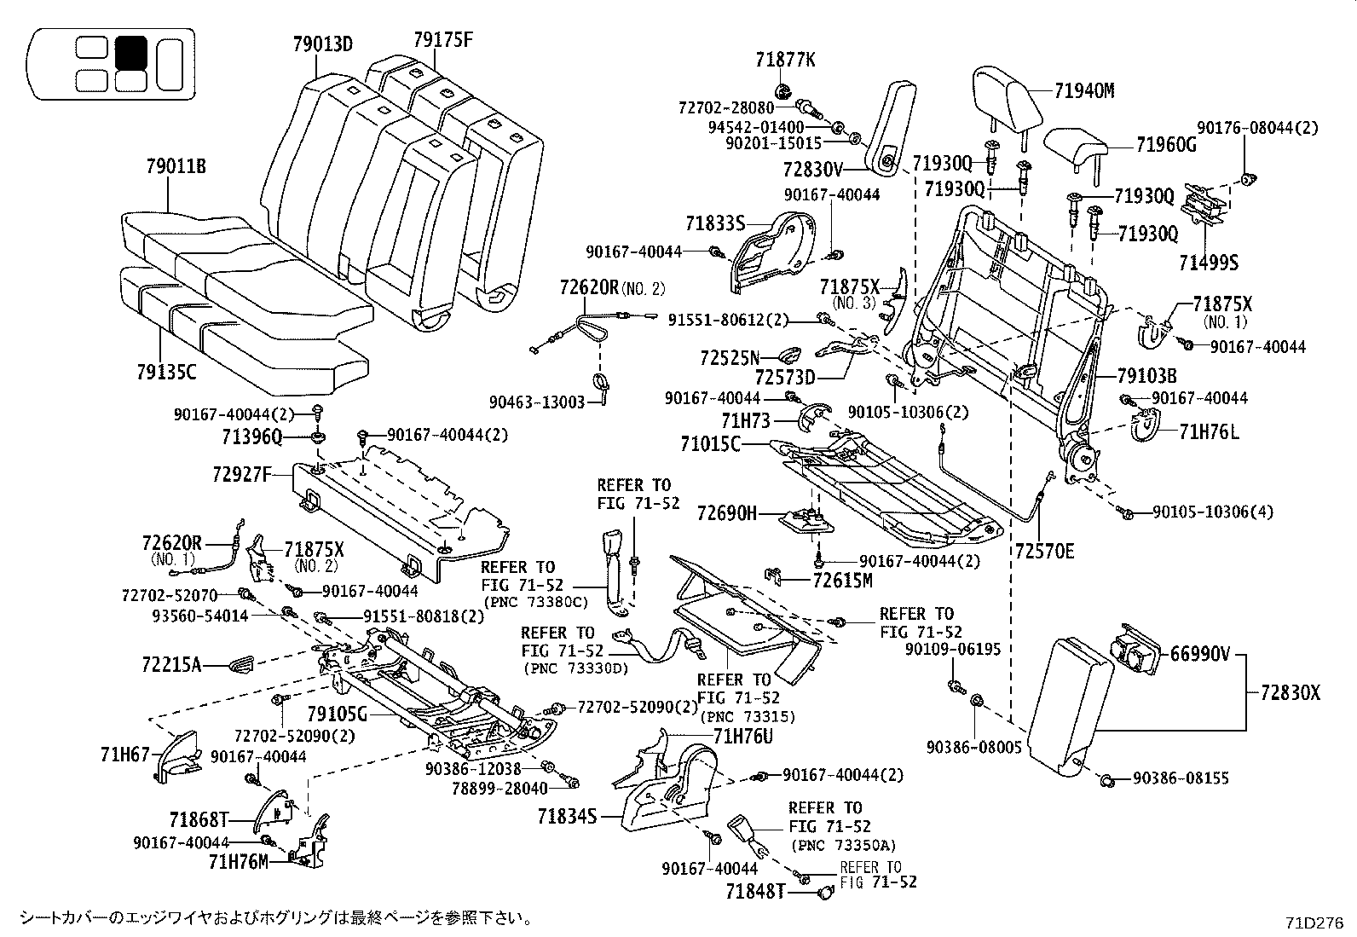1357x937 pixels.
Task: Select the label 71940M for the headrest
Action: coord(1083,91)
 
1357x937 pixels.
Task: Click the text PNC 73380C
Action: coord(536,602)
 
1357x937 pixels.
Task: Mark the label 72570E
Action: coord(1044,552)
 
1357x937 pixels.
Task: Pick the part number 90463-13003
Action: coord(537,402)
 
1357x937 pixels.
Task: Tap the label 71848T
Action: coord(754,892)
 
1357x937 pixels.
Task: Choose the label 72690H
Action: coord(726,513)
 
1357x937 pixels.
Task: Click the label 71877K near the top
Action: coord(784,60)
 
